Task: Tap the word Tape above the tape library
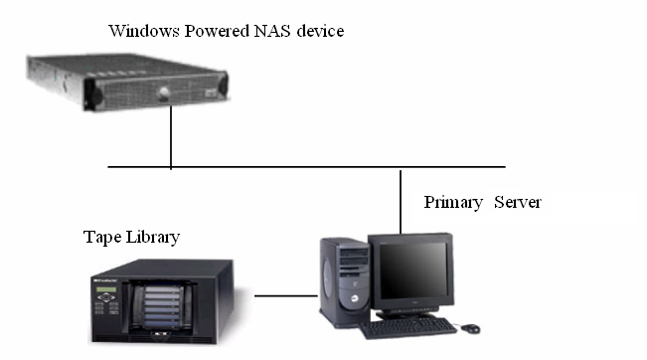point(100,239)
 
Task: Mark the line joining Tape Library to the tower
point(284,294)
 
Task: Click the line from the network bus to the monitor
point(400,199)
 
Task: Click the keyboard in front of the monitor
point(407,327)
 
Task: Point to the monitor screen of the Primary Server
point(409,272)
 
